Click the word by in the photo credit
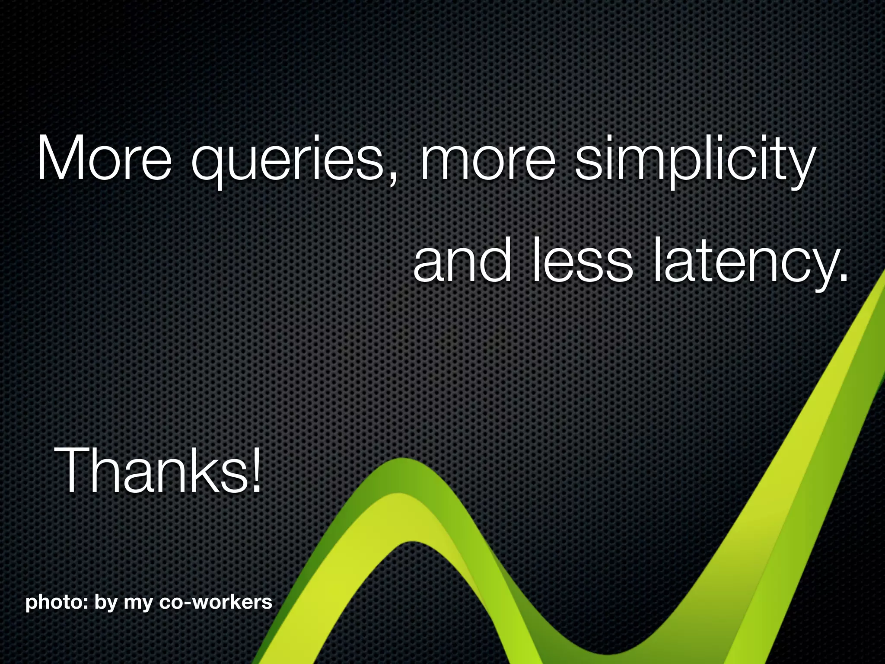pyautogui.click(x=105, y=603)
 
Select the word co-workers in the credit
pyautogui.click(x=216, y=602)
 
